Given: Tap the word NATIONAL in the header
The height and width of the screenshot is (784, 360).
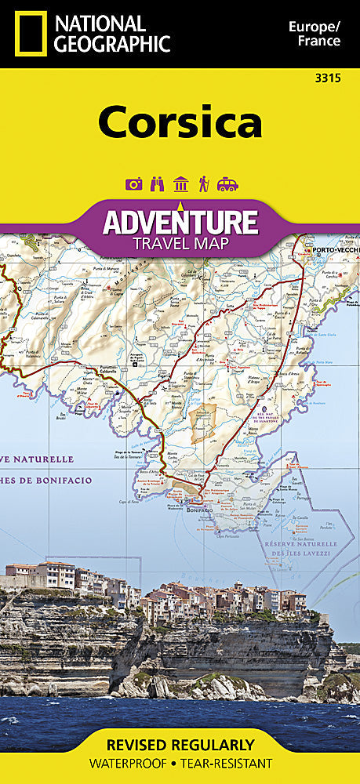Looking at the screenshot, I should [x=100, y=23].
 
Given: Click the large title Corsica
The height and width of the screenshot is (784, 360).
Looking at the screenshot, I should [x=180, y=123].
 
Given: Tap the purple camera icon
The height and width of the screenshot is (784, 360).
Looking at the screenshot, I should [x=133, y=184].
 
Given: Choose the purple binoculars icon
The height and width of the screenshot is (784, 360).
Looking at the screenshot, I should [x=157, y=184].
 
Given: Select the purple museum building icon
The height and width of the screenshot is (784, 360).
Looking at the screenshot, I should [x=180, y=184].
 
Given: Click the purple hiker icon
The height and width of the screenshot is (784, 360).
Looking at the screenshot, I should [x=204, y=184].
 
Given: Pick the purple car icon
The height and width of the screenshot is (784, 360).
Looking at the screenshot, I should [x=227, y=184].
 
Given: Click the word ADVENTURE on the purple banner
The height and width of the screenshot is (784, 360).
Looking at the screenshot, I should [x=180, y=223].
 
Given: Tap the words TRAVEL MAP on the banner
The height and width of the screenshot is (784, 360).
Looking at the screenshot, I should [x=180, y=243].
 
